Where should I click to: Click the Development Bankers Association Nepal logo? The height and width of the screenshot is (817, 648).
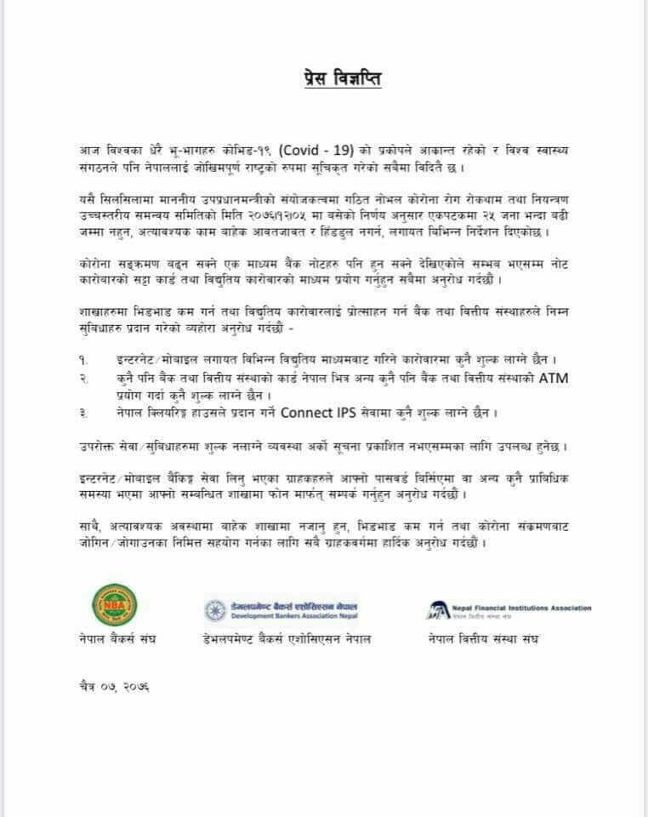[281, 609]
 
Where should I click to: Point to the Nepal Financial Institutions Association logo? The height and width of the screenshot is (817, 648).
[509, 609]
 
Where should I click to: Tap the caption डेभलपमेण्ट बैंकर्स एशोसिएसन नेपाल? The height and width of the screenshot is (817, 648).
[287, 638]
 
